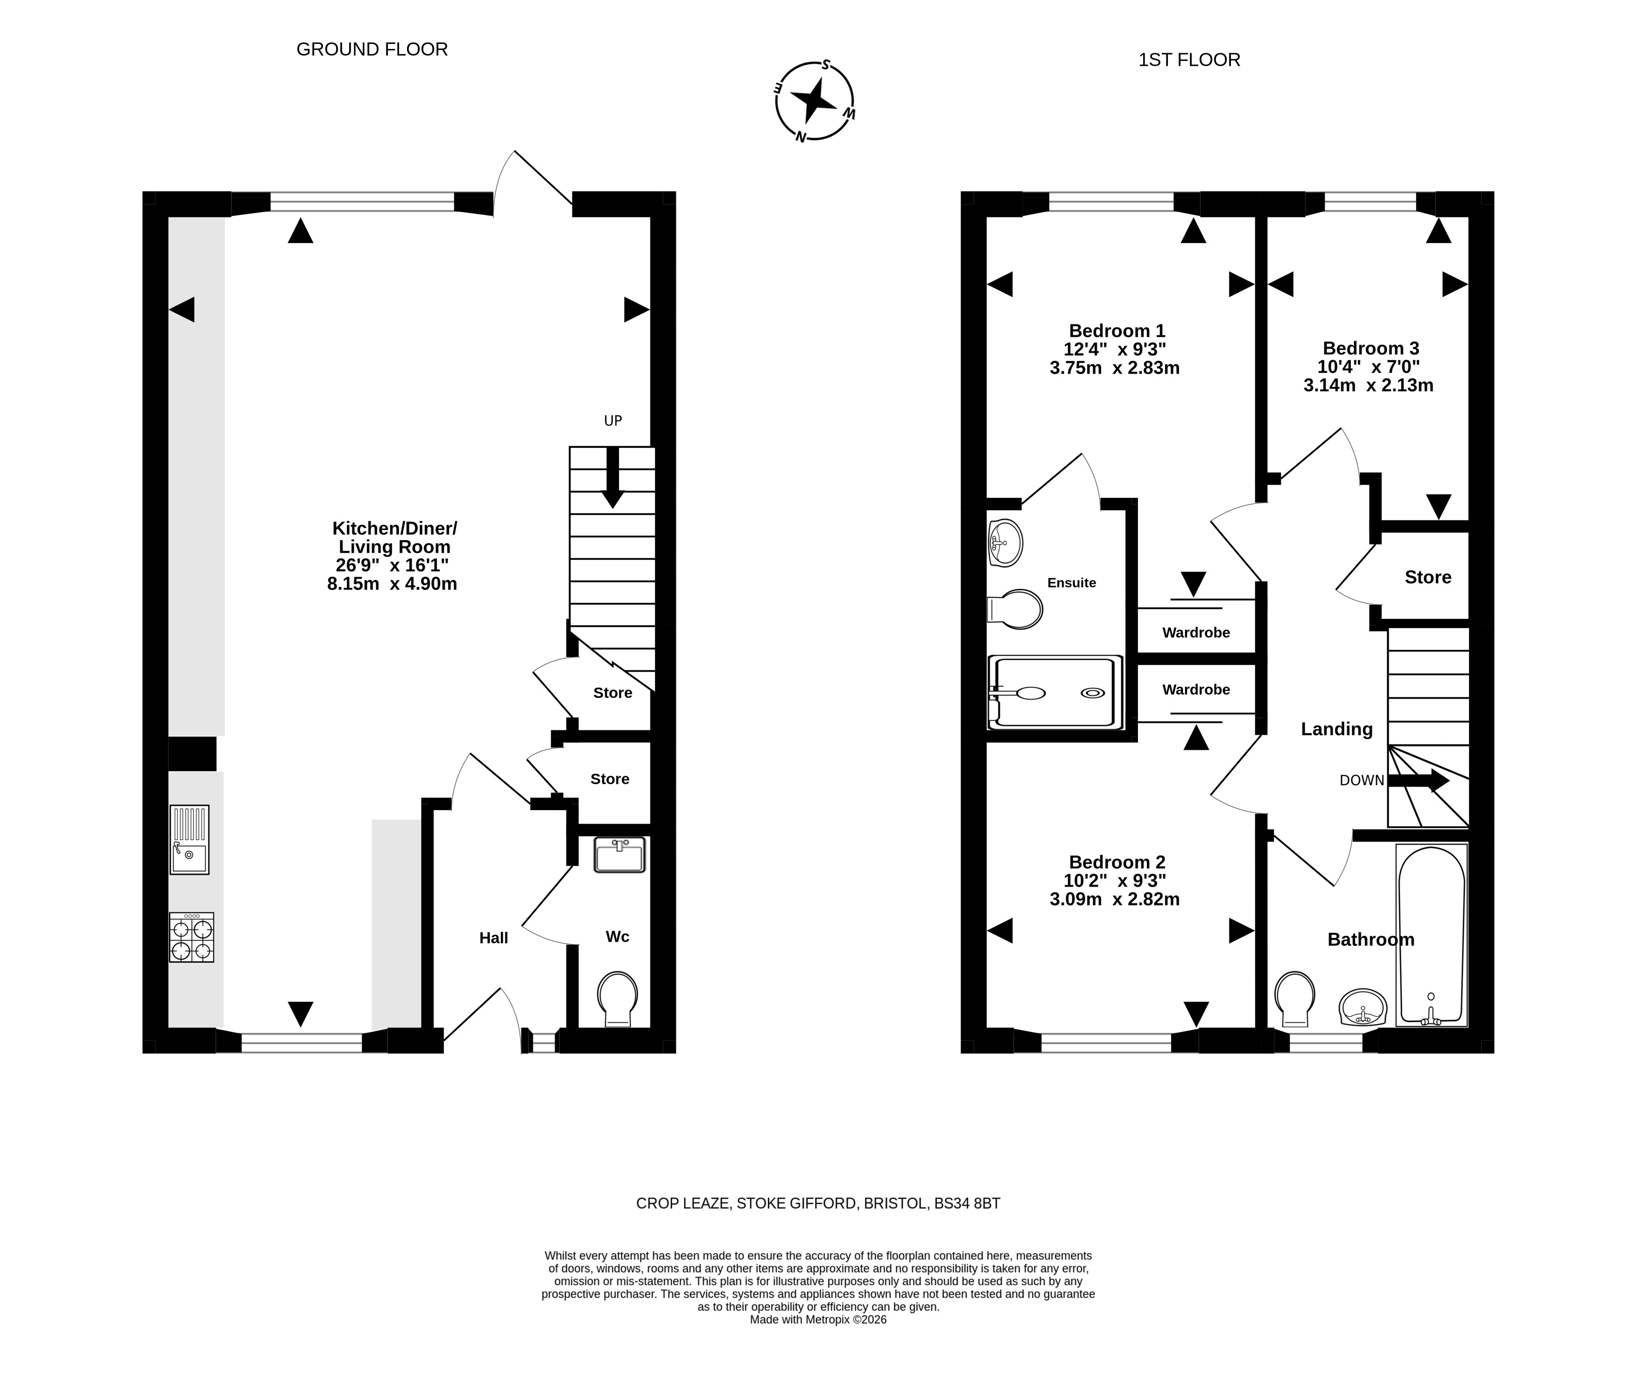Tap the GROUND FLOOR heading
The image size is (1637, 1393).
point(372,50)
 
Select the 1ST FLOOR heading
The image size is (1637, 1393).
point(1189,60)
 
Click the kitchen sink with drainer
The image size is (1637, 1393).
point(190,840)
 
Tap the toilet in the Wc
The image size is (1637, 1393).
point(618,999)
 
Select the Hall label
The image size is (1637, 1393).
point(493,938)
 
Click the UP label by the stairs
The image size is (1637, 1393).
point(613,421)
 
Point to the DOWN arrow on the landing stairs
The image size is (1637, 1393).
point(1418,781)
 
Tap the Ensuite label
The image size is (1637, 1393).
point(1072,583)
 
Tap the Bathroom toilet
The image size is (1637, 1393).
point(1295,999)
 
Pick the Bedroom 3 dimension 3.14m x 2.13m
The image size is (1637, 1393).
point(1369,385)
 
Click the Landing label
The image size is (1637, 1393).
point(1337,729)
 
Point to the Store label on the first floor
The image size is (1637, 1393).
point(1428,577)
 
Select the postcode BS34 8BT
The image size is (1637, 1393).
point(967,1204)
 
